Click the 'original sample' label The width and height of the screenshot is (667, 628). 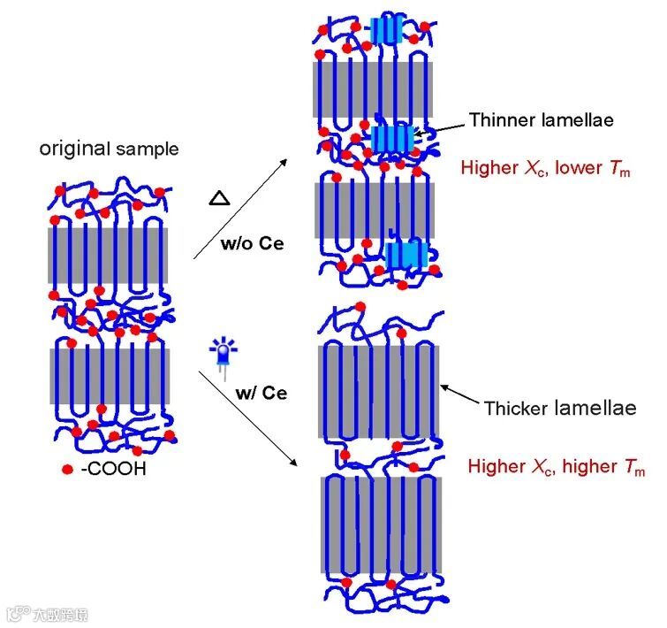click(x=108, y=148)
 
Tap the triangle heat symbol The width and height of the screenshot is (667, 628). click(x=218, y=197)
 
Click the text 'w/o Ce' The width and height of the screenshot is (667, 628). click(x=252, y=243)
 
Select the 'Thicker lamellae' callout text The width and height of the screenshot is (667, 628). click(x=560, y=408)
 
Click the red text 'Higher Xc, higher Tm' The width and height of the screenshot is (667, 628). click(x=557, y=465)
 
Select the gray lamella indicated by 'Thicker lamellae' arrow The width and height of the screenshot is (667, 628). click(x=378, y=391)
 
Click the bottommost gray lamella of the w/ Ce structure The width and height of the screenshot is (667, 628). click(x=379, y=525)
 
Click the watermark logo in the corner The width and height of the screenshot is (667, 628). click(x=48, y=613)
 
